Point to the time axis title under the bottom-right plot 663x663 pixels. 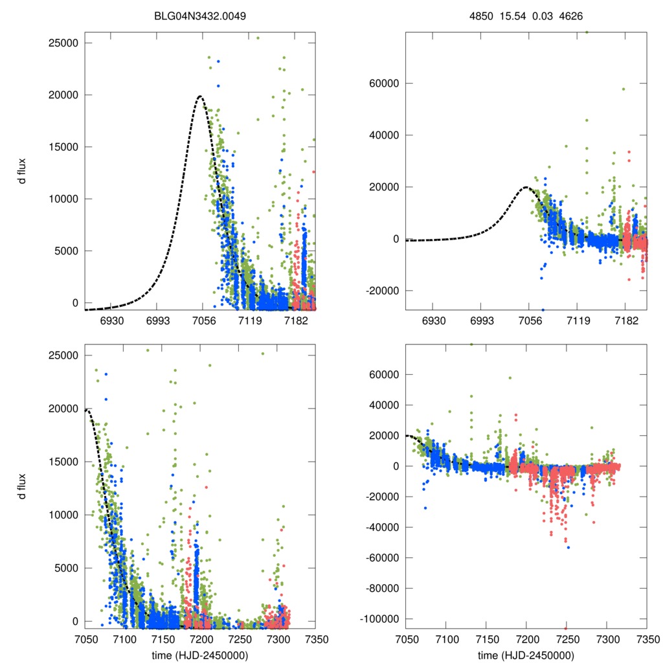[526, 655]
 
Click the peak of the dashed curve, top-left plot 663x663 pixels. [200, 96]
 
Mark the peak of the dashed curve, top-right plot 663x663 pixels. [526, 187]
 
